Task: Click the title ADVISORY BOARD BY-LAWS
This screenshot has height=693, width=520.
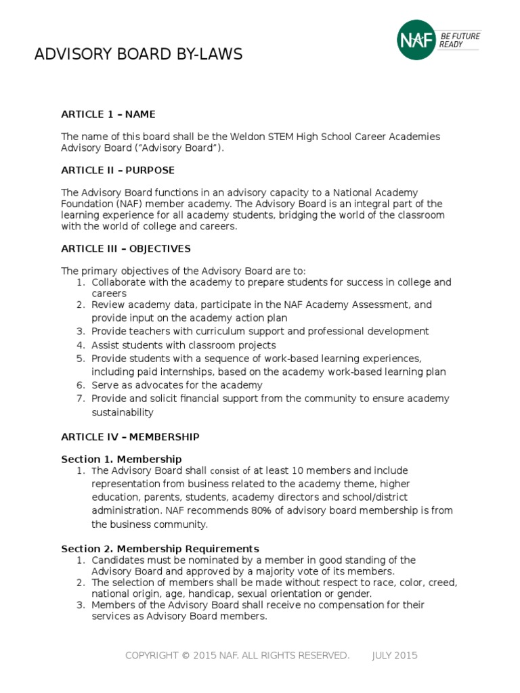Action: click(138, 55)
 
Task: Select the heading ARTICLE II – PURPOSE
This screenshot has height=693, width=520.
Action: click(118, 170)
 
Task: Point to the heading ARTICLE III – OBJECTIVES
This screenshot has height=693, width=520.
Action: click(126, 248)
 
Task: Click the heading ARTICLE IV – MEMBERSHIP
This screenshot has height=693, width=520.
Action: click(130, 437)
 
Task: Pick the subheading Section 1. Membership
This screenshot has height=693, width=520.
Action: click(121, 459)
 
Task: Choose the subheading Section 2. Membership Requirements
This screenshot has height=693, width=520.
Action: click(160, 548)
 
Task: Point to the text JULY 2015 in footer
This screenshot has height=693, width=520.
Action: click(395, 655)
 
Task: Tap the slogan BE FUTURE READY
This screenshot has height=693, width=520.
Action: click(460, 40)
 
